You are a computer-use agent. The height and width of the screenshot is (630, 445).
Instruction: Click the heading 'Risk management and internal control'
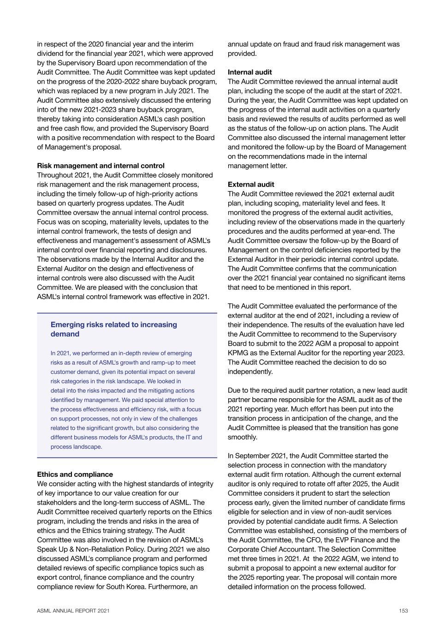[x=101, y=166]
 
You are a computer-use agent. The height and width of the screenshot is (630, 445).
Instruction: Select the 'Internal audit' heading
[x=249, y=72]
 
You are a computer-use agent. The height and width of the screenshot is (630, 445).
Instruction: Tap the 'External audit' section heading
[x=251, y=184]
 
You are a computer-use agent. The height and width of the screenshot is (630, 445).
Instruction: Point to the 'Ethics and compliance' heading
[x=75, y=474]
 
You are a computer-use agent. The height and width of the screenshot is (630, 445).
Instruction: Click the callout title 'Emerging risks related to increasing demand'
[x=113, y=329]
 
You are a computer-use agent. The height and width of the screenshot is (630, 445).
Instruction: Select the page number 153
[x=403, y=611]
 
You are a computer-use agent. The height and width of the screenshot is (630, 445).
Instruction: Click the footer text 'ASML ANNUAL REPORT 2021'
[x=73, y=611]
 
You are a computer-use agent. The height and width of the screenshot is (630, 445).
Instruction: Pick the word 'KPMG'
[x=238, y=353]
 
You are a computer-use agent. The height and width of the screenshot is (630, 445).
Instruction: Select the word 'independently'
[x=250, y=372]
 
